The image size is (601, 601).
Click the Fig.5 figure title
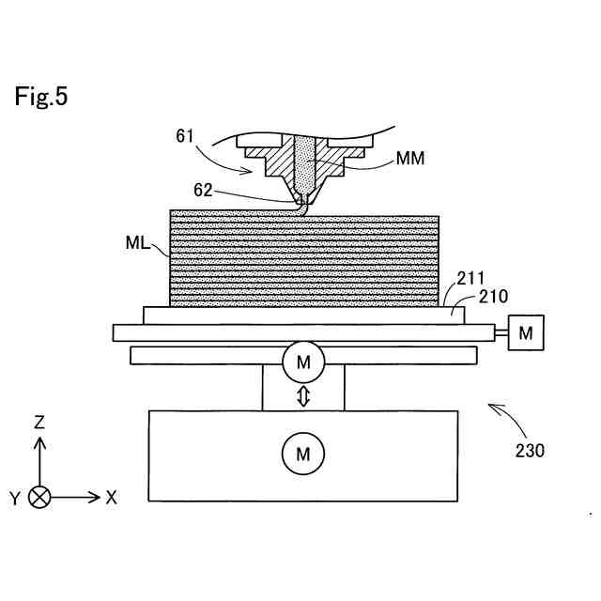pyautogui.click(x=41, y=97)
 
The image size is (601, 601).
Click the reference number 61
pyautogui.click(x=184, y=136)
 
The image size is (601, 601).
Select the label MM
pyautogui.click(x=410, y=159)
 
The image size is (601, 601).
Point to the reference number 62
pyautogui.click(x=203, y=189)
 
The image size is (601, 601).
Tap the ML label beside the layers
pyautogui.click(x=137, y=243)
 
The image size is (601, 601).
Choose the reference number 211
pyautogui.click(x=471, y=279)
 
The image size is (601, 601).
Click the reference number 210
pyautogui.click(x=493, y=297)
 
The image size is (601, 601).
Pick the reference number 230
pyautogui.click(x=531, y=450)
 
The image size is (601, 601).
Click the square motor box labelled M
pyautogui.click(x=526, y=332)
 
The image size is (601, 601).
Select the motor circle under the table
pyautogui.click(x=302, y=362)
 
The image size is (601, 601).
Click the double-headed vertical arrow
pyautogui.click(x=302, y=397)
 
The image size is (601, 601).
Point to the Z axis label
pyautogui.click(x=39, y=423)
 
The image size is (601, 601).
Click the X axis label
pyautogui.click(x=111, y=498)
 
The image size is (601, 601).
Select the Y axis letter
pyautogui.click(x=15, y=499)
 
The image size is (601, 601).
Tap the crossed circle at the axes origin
pyautogui.click(x=39, y=498)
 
